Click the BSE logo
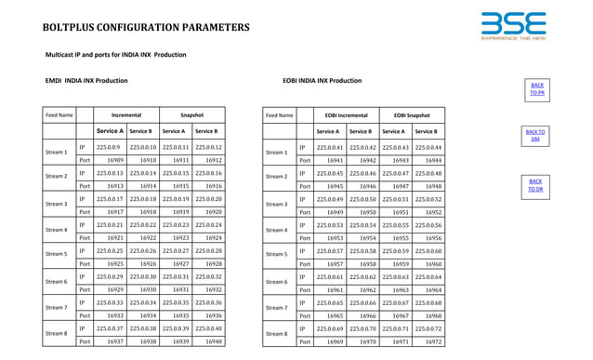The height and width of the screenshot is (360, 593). (x=514, y=25)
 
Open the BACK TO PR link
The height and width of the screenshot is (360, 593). (x=537, y=88)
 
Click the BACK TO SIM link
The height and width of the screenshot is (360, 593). (x=535, y=136)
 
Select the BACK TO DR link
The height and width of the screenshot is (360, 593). (x=535, y=185)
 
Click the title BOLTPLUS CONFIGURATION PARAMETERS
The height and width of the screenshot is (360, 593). (x=145, y=27)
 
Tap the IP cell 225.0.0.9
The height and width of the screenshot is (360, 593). (x=109, y=147)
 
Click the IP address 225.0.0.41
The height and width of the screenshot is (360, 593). (x=330, y=147)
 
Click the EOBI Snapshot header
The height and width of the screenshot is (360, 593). (x=411, y=115)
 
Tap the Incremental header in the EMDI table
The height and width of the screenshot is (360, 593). (x=126, y=115)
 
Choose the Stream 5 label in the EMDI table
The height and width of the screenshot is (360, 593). (x=57, y=254)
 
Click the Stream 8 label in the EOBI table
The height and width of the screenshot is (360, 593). (x=276, y=335)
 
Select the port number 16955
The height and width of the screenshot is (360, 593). (x=395, y=238)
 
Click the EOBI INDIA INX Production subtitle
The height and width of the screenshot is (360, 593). (x=322, y=81)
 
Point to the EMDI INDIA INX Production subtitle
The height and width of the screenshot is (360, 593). (x=86, y=81)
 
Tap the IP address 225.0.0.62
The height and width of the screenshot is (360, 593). (x=362, y=277)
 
